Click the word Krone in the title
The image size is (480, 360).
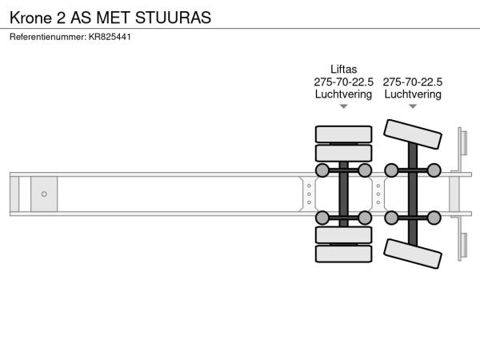30,18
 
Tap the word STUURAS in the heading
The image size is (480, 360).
173,18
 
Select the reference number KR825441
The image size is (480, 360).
110,37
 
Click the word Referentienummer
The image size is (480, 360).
48,37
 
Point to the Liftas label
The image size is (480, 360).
343,69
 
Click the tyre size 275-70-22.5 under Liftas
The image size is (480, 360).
343,82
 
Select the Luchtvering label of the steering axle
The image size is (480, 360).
413,94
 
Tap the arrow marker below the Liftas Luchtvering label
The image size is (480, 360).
343,106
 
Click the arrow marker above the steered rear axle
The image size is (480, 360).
413,106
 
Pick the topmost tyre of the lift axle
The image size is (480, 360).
343,134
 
